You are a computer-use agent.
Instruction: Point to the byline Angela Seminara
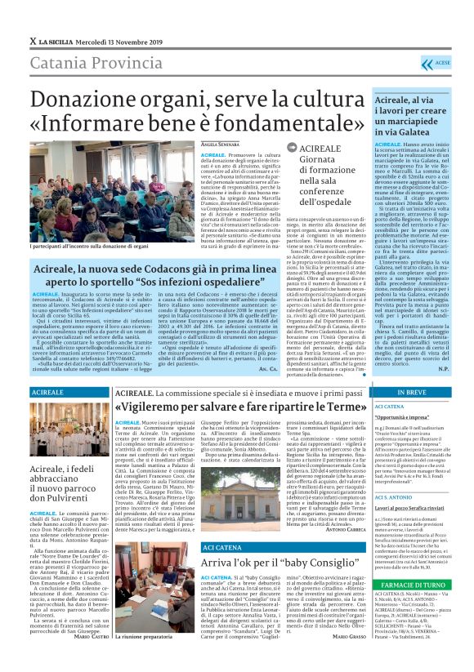click(x=221, y=143)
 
